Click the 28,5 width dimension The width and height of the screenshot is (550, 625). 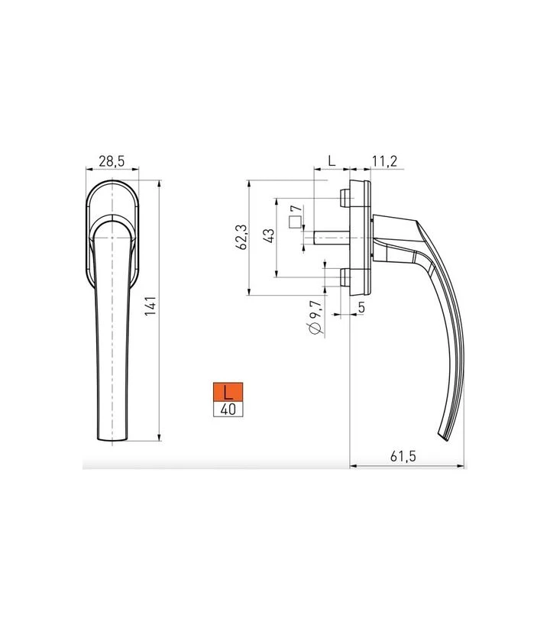[x=112, y=161]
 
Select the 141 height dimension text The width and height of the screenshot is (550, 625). [x=150, y=306]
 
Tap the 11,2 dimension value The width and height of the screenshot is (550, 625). [x=384, y=161]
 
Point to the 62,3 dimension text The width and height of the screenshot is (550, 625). [x=241, y=237]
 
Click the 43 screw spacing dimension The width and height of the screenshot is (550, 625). [x=269, y=236]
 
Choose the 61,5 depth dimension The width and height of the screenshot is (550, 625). [x=403, y=455]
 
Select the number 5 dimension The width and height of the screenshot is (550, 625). [x=361, y=307]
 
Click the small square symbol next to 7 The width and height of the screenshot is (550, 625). [x=295, y=222]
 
